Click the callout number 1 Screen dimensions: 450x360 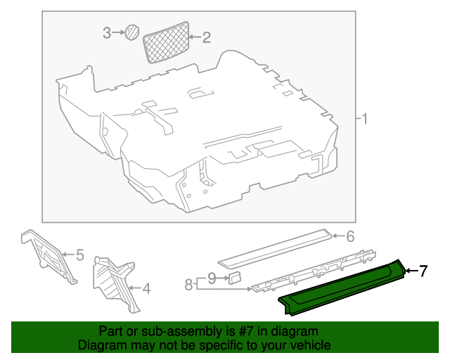[364, 119]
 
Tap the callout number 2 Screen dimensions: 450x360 [206, 37]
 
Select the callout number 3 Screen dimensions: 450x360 [107, 33]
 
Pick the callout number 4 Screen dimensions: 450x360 [146, 288]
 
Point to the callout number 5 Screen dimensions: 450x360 [79, 255]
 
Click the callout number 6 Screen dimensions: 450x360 [350, 237]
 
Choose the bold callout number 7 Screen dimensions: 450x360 [423, 271]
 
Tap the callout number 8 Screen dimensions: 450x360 [188, 285]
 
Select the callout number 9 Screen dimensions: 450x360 [212, 278]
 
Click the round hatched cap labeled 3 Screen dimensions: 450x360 [131, 32]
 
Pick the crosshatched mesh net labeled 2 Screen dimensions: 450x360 [166, 42]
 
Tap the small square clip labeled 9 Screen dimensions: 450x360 [234, 278]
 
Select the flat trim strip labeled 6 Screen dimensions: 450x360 [275, 249]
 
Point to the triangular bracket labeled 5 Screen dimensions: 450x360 [49, 255]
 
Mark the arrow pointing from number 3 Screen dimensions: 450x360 [118, 33]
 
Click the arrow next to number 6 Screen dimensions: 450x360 [338, 236]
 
